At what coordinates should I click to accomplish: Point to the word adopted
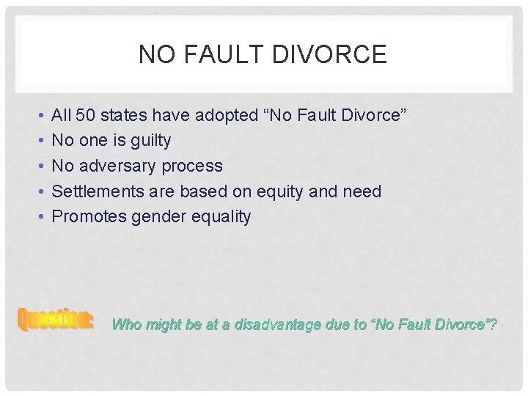coord(224,116)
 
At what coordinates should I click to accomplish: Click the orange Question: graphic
coord(56,320)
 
